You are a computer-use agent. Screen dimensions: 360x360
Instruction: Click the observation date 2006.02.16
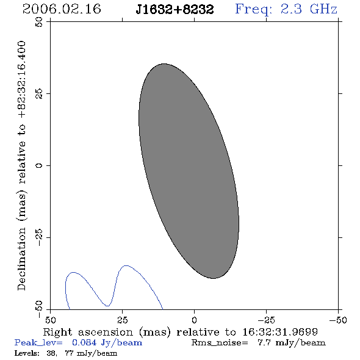tap(62, 9)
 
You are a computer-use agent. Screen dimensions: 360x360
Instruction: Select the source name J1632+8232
tap(175, 10)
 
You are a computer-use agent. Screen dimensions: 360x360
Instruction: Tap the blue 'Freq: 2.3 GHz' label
tap(286, 10)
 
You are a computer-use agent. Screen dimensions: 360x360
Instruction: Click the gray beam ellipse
tap(189, 171)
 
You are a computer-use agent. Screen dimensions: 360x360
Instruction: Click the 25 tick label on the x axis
tap(122, 320)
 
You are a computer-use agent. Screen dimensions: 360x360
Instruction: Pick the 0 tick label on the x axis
tap(194, 320)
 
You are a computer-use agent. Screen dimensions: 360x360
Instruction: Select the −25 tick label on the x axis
tap(266, 320)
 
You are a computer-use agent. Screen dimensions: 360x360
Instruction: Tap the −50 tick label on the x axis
tap(338, 320)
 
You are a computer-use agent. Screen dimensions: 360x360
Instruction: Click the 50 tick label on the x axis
tap(50, 320)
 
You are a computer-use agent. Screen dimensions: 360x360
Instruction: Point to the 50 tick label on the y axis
tap(39, 22)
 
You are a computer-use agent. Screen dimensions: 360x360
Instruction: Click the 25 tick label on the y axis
tap(39, 94)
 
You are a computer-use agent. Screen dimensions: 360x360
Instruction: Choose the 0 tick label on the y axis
tap(39, 165)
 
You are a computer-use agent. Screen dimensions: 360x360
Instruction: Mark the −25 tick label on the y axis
tap(39, 237)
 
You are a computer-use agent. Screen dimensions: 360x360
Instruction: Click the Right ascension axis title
tap(180, 332)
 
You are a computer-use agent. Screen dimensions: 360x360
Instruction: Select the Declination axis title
tap(21, 165)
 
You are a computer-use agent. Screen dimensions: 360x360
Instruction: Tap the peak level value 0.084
tap(84, 342)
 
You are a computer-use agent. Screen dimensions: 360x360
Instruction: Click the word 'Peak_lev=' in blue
tap(38, 343)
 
